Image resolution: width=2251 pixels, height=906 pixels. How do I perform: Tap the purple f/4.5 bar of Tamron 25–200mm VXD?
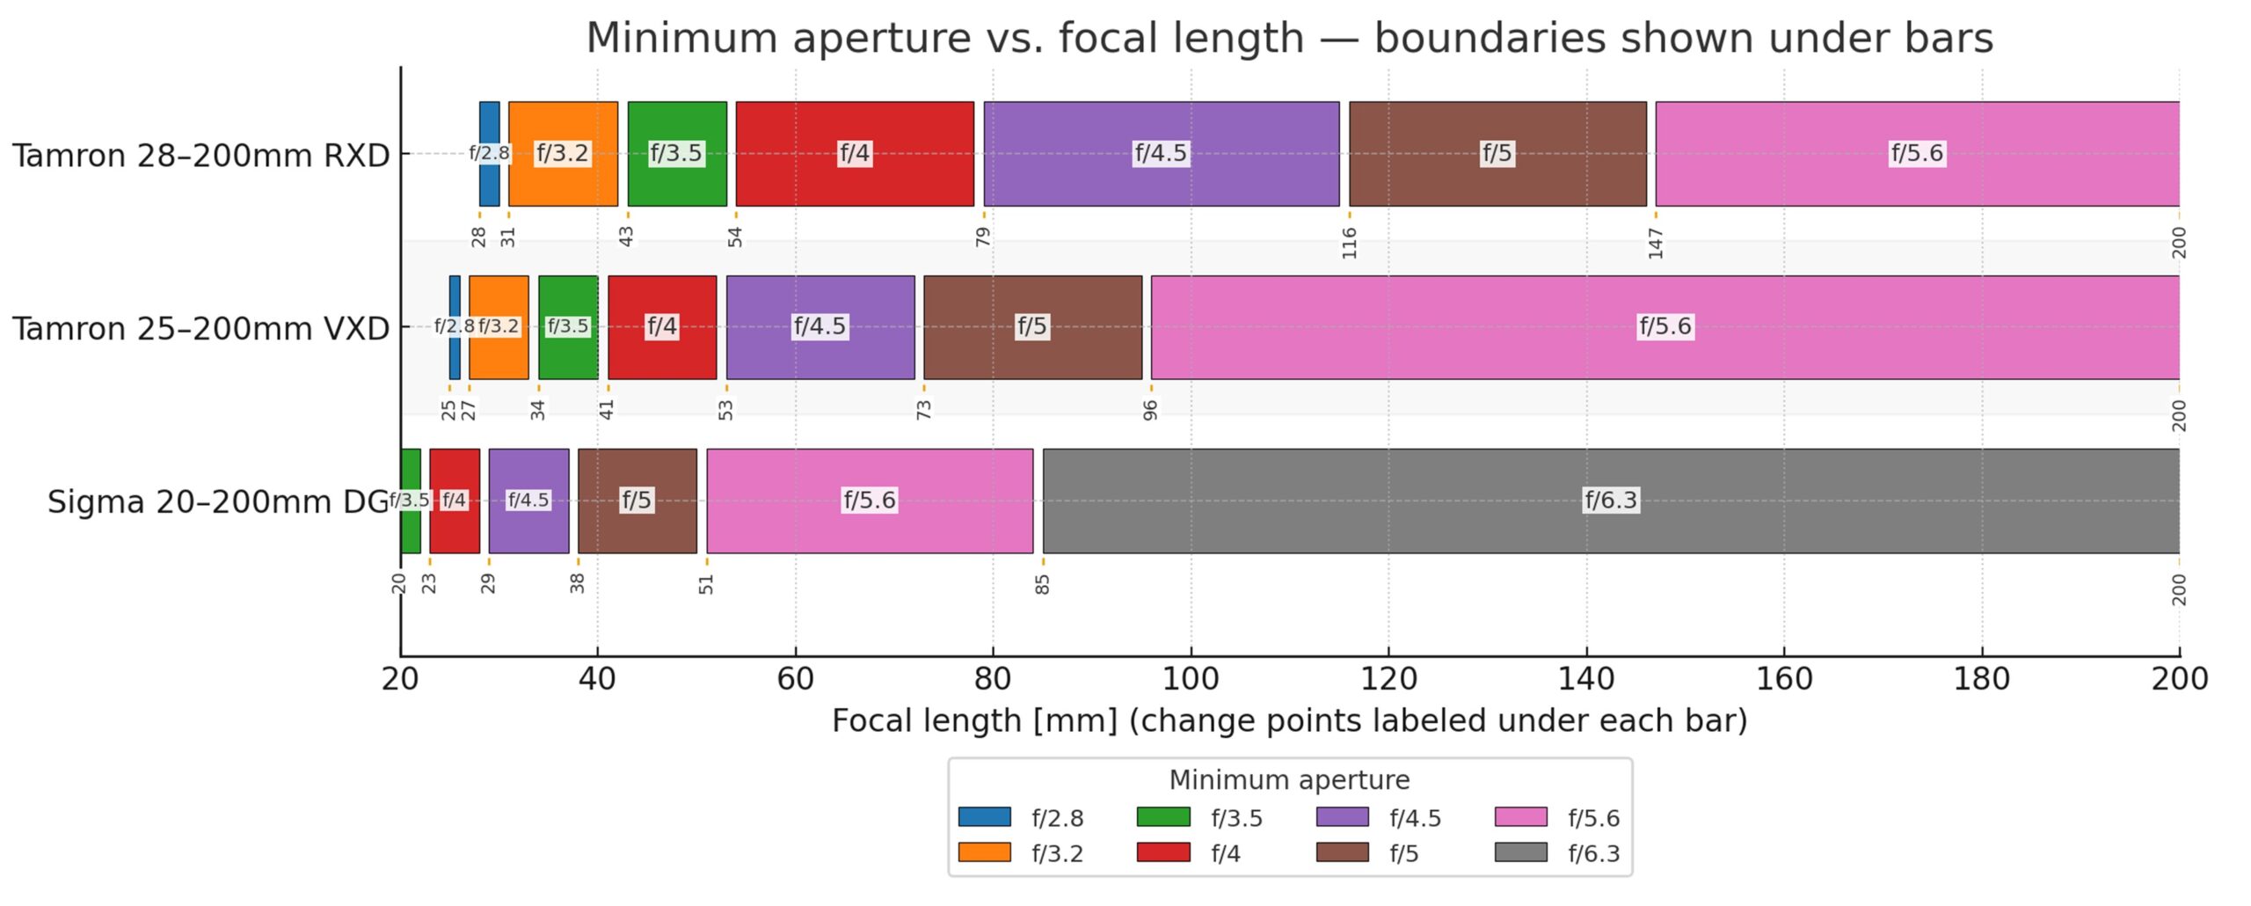tap(820, 352)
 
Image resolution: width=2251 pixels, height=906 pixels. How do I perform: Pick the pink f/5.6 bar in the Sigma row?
tap(869, 528)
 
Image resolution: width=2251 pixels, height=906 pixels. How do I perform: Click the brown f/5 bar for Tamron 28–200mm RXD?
tap(1497, 180)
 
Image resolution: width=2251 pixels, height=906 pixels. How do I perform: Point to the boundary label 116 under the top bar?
tap(1349, 243)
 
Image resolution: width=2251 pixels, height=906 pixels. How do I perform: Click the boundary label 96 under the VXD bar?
tap(1150, 410)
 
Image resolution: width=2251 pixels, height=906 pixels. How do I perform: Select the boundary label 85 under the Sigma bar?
tap(1042, 584)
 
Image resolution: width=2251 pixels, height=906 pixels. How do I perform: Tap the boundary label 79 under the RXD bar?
tap(983, 237)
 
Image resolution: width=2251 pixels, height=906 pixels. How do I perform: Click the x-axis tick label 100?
tap(1191, 679)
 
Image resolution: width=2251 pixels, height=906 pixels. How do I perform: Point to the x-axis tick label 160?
tap(1784, 679)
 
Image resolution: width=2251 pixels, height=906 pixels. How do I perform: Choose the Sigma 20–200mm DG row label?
tap(217, 502)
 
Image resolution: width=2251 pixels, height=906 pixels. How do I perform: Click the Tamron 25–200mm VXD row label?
tap(200, 329)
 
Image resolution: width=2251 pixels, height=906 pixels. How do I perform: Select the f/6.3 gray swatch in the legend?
tap(1520, 852)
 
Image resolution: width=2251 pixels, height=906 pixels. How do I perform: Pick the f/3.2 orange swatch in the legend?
tap(984, 852)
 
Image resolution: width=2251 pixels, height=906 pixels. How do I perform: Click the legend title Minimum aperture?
tap(1289, 780)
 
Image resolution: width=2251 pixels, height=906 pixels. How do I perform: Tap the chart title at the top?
tap(1289, 39)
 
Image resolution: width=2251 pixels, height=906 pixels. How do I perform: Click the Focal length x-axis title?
tap(1289, 721)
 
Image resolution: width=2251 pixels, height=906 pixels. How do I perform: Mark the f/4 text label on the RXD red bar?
tap(854, 154)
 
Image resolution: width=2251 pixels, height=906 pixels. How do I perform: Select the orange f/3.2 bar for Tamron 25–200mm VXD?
tap(499, 352)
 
